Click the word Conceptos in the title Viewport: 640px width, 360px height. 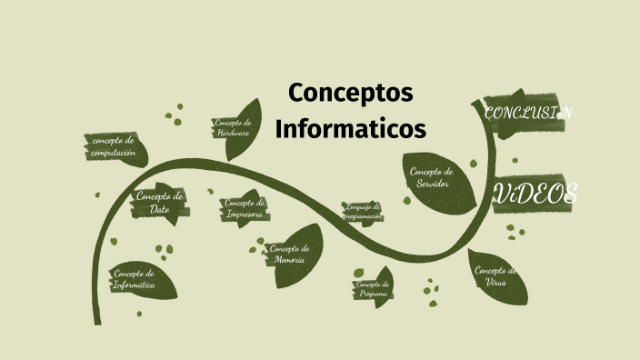pos(350,93)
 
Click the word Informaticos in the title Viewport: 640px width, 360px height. pos(350,129)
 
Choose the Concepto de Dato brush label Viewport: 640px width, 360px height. pos(160,203)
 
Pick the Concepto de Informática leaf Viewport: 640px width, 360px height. pos(136,279)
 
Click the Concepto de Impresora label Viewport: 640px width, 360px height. pos(245,209)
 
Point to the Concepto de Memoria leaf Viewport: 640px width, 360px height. pos(290,255)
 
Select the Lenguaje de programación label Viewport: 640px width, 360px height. pos(362,212)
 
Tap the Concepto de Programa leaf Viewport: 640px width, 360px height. pos(374,289)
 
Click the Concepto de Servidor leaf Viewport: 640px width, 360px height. pos(433,177)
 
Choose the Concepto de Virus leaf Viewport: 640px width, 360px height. pos(495,276)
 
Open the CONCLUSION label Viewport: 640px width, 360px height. pos(527,114)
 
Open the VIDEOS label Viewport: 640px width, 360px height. pos(536,194)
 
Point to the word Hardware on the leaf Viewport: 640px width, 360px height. pos(234,134)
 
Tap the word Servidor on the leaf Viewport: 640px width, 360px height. pos(433,184)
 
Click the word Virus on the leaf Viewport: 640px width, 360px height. pos(496,283)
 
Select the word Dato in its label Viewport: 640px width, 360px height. pos(160,209)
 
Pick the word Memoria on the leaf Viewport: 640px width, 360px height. pos(289,261)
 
